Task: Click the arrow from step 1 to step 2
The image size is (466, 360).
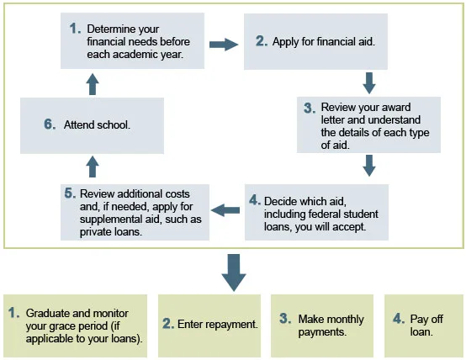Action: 224,45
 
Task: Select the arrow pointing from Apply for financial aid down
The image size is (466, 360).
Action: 369,83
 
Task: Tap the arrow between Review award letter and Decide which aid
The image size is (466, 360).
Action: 369,166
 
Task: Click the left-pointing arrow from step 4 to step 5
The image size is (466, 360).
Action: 225,210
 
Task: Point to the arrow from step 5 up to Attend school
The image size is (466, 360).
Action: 93,167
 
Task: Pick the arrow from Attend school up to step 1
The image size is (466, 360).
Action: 93,84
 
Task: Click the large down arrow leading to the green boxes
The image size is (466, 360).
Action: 234,273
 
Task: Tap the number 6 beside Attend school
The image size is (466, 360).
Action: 50,124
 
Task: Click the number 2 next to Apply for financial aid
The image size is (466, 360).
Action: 262,41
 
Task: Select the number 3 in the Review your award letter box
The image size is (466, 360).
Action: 310,108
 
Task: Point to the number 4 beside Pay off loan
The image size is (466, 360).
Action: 399,319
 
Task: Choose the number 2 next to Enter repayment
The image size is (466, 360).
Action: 168,324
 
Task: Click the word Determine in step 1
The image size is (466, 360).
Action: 109,29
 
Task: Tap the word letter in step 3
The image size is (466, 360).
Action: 333,119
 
